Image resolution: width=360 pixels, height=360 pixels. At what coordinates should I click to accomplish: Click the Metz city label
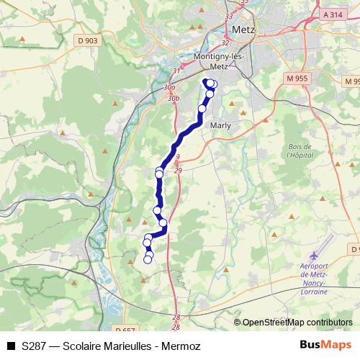pyautogui.click(x=242, y=30)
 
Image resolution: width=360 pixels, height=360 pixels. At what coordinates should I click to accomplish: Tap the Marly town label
pyautogui.click(x=220, y=125)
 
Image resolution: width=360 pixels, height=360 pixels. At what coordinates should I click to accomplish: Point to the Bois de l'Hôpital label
pyautogui.click(x=297, y=150)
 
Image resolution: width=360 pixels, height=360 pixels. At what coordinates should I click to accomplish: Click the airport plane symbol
pyautogui.click(x=313, y=256)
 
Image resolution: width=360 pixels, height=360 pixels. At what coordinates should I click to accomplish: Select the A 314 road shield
pyautogui.click(x=333, y=14)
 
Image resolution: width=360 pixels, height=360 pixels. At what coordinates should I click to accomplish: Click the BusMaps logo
pyautogui.click(x=320, y=346)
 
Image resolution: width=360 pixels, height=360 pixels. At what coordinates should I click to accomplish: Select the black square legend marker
pyautogui.click(x=11, y=346)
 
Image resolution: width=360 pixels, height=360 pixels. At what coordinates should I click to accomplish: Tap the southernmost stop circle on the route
pyautogui.click(x=148, y=259)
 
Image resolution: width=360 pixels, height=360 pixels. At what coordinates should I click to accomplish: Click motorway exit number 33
pyautogui.click(x=229, y=16)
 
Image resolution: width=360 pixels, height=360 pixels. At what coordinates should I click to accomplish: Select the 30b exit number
pyautogui.click(x=172, y=97)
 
